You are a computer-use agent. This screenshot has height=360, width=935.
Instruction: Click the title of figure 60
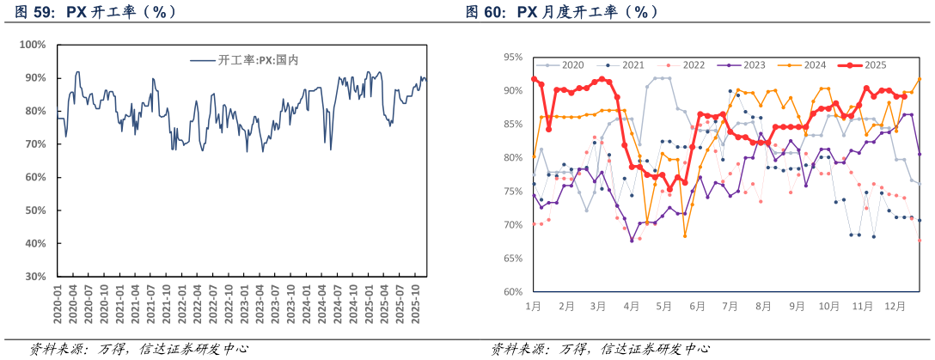coord(562,12)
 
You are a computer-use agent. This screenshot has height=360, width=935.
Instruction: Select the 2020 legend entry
coord(572,65)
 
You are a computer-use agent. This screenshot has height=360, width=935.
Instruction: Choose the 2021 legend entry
coord(632,65)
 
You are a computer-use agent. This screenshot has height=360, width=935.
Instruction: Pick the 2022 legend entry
coord(694,65)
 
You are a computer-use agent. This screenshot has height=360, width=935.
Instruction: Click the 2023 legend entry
coord(754,65)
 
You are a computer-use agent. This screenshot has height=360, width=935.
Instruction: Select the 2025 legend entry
coord(875,65)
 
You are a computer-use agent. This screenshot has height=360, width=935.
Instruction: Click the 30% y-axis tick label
coord(35,277)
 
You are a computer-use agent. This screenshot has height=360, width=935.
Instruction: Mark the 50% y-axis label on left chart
coord(35,211)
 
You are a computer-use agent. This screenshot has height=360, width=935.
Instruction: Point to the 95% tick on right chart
coord(513,58)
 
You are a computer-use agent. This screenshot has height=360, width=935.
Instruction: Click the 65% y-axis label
coord(513,259)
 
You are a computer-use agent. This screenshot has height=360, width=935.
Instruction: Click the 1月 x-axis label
coord(533,306)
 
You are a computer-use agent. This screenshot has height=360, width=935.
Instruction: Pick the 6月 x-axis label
coord(697,306)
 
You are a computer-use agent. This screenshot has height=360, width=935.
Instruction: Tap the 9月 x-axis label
coord(797,306)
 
